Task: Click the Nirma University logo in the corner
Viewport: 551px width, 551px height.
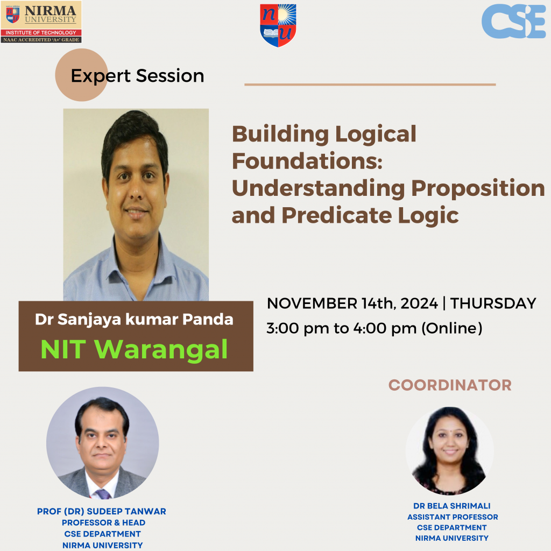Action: pyautogui.click(x=41, y=22)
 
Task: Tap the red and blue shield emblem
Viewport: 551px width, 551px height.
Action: pyautogui.click(x=278, y=25)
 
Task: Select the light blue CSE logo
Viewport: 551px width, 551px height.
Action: pyautogui.click(x=513, y=21)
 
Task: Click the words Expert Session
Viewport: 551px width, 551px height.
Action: pyautogui.click(x=137, y=76)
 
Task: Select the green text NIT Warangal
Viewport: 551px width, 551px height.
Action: pyautogui.click(x=134, y=349)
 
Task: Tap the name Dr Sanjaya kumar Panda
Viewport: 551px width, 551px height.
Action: pyautogui.click(x=134, y=319)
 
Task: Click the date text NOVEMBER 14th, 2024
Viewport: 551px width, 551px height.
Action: pyautogui.click(x=352, y=303)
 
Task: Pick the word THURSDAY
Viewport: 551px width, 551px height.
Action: pyautogui.click(x=493, y=303)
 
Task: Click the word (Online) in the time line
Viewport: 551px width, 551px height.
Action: pyautogui.click(x=451, y=328)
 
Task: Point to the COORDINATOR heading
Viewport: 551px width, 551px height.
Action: pyautogui.click(x=450, y=385)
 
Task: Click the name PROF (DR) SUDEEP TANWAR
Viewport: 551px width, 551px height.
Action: pyautogui.click(x=102, y=511)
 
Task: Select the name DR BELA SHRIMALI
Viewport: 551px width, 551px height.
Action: pyautogui.click(x=452, y=506)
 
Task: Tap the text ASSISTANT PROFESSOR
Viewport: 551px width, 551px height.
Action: pyautogui.click(x=452, y=517)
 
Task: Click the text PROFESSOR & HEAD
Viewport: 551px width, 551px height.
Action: pyautogui.click(x=103, y=522)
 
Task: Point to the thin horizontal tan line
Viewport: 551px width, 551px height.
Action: pyautogui.click(x=370, y=84)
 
